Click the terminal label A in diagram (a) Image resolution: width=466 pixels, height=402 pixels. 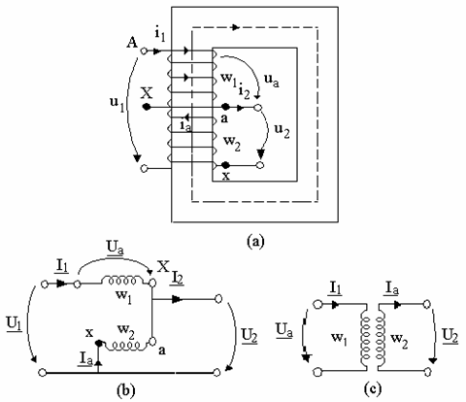[132, 43]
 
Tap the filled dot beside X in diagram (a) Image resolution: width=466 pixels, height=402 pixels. [147, 107]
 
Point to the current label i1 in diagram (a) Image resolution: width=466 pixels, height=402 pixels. [159, 35]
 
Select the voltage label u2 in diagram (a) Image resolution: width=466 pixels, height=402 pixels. [282, 131]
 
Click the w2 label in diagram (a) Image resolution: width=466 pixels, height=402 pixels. [233, 143]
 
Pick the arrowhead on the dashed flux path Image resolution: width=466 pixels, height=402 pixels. [236, 27]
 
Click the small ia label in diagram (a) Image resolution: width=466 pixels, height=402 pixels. [186, 125]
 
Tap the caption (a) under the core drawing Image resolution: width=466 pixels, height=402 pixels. [255, 242]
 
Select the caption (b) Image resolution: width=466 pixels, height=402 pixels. [125, 390]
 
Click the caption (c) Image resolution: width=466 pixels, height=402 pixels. [373, 389]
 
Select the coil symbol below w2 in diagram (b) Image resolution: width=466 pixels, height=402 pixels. [126, 346]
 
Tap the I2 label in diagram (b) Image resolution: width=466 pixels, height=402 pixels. [178, 279]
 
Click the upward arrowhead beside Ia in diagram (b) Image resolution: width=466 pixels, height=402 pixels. [98, 362]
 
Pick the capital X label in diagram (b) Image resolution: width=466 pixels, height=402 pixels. [163, 267]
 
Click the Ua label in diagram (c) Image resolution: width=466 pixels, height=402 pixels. [284, 331]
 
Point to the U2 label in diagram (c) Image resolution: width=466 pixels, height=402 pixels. [450, 337]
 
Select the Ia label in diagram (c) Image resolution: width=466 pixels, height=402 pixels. [392, 288]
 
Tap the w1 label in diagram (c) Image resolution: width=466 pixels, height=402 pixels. [339, 339]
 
